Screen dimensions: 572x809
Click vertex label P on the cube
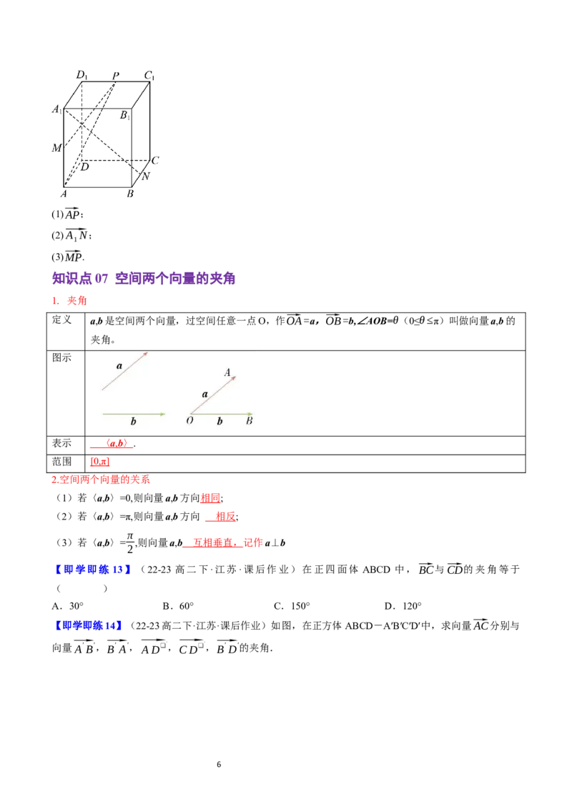(x=116, y=75)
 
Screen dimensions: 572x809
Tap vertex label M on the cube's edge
(x=56, y=147)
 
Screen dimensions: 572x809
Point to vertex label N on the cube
(x=146, y=176)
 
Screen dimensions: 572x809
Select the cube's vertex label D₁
(x=82, y=75)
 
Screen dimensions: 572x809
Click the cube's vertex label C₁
(x=149, y=75)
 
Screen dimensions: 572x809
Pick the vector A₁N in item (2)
(x=77, y=234)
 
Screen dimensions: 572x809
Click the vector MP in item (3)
(x=74, y=256)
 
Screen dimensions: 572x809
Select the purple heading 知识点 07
(x=80, y=279)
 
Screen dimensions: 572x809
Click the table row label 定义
(x=62, y=320)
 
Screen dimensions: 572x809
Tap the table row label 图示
(x=62, y=357)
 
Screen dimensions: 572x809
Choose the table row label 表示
(x=62, y=443)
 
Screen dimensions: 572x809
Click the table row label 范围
(x=62, y=461)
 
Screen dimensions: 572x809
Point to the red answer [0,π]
(x=99, y=462)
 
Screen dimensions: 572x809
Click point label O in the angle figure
(x=189, y=420)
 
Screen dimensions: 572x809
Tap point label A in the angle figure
(x=227, y=372)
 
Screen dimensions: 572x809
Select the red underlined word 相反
(x=226, y=517)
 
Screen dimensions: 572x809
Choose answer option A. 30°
(x=68, y=606)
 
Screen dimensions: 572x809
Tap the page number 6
(x=219, y=764)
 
